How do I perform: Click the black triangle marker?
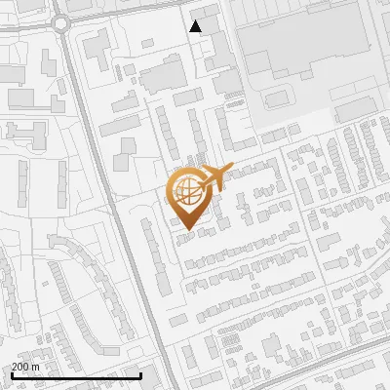196,26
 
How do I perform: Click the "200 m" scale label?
25,367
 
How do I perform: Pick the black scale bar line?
76,375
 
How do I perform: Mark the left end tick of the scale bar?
11,373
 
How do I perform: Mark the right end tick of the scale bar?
141,373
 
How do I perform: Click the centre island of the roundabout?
64,21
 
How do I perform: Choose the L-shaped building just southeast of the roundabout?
97,48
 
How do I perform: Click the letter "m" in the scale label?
35,367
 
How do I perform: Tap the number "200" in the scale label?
20,367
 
